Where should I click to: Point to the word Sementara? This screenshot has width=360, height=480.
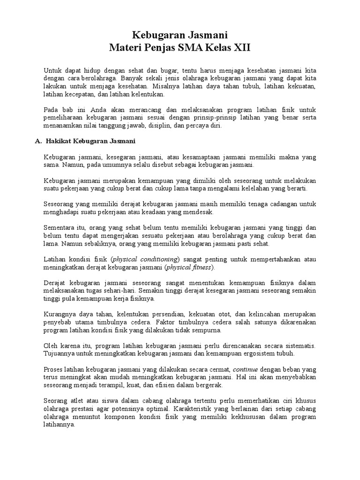coord(62,228)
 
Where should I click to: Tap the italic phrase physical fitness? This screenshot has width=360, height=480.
coord(194,267)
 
